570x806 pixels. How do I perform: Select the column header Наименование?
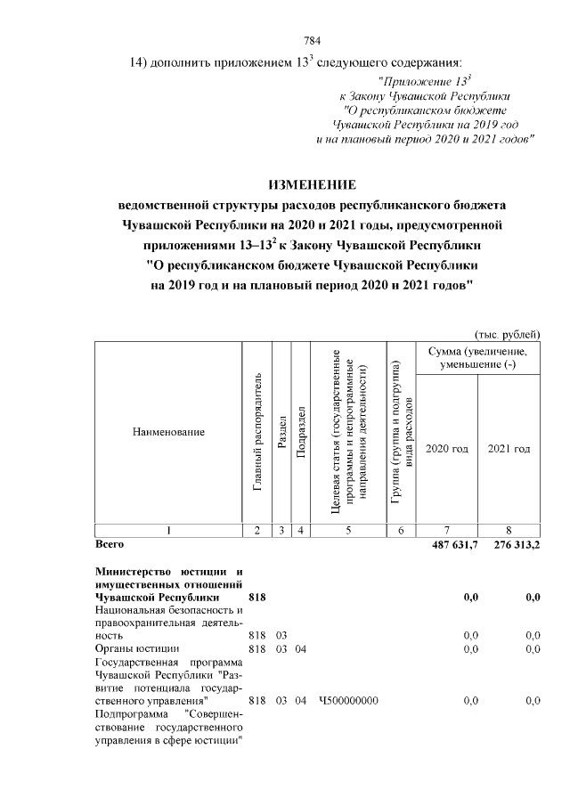pos(168,432)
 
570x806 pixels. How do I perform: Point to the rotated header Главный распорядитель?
pos(256,432)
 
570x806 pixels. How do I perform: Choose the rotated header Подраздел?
pos(301,432)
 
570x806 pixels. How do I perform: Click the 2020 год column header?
pos(446,449)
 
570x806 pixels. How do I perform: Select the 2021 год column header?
pos(509,449)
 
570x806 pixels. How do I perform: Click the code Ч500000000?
pos(348,701)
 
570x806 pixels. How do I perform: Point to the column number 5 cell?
pos(348,531)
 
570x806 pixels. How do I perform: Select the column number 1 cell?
pos(168,531)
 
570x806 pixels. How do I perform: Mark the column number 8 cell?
pos(509,531)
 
